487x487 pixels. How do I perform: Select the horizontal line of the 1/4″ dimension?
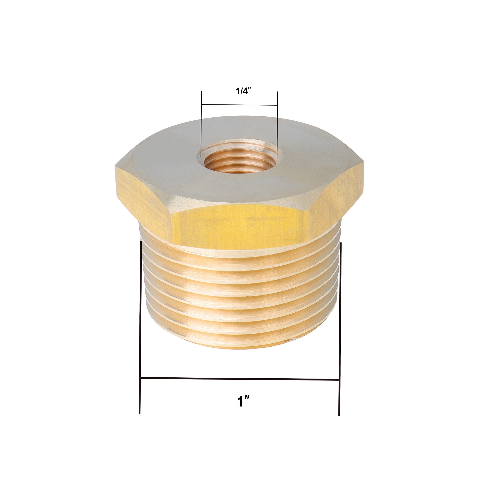240,105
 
